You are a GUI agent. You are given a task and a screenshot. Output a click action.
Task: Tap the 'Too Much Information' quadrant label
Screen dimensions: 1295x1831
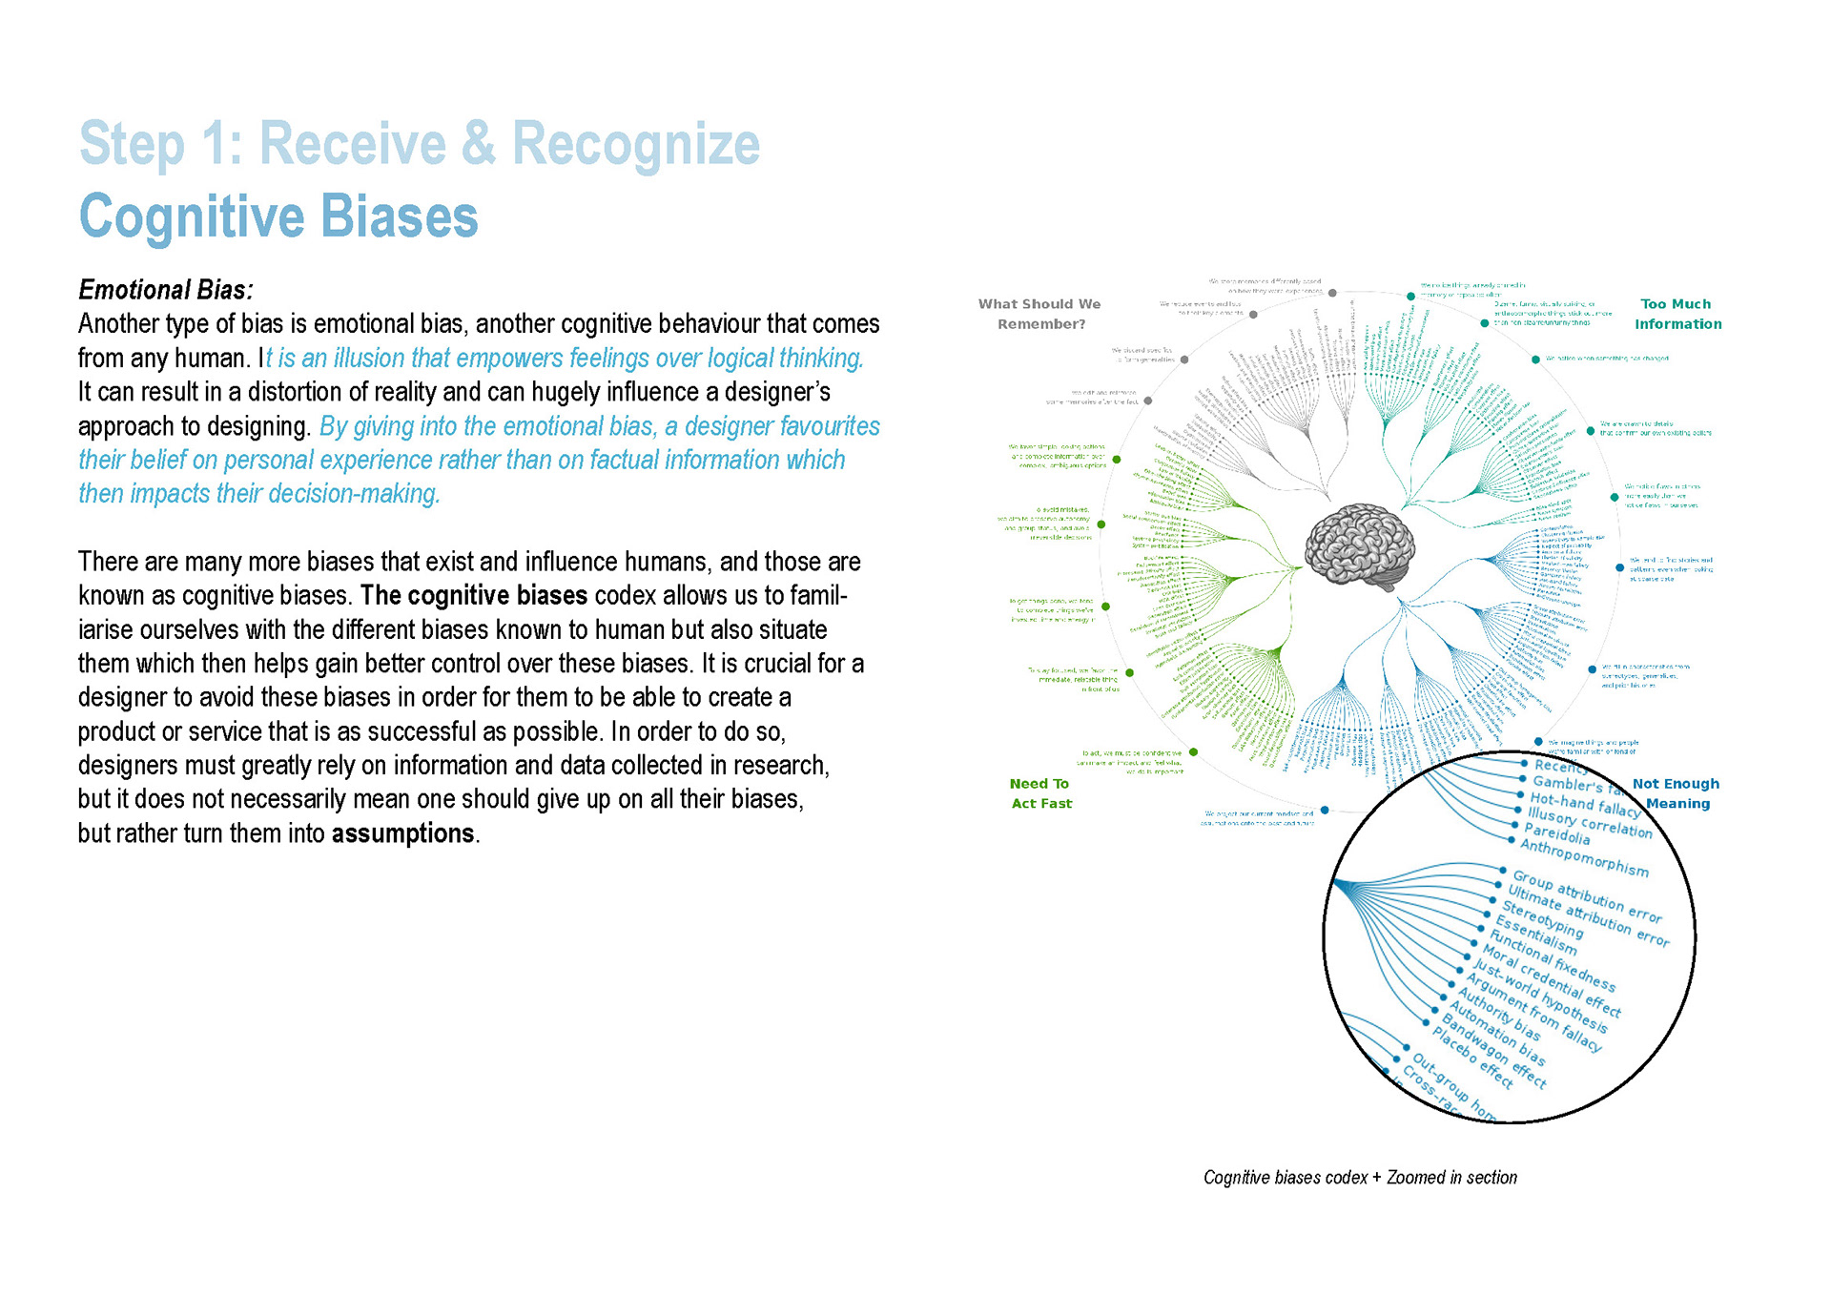[x=1677, y=314]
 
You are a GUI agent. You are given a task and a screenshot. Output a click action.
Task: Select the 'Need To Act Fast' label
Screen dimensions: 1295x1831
[x=1040, y=793]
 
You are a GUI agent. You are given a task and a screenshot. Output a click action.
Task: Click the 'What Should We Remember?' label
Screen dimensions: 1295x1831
[x=1039, y=314]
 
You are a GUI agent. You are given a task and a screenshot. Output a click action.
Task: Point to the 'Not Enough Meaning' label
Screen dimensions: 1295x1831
[x=1677, y=793]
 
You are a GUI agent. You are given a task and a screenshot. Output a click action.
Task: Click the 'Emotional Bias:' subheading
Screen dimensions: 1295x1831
[x=166, y=290]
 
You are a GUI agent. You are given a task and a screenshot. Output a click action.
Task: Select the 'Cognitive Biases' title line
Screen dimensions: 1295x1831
[x=278, y=216]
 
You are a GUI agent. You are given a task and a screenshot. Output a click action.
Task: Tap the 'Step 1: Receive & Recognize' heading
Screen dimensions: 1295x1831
[x=420, y=144]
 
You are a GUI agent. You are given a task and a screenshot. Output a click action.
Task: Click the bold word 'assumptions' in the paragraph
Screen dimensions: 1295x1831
[x=402, y=833]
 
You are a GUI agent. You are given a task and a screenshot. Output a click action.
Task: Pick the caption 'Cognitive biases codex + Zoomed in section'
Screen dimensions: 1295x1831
[x=1360, y=1178]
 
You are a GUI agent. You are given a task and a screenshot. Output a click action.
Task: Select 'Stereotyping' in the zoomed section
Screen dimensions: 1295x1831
[x=1542, y=918]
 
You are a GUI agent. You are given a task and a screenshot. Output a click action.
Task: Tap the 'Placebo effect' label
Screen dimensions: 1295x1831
[x=1472, y=1058]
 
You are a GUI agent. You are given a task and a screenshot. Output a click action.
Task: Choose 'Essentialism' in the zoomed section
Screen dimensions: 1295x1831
[x=1535, y=935]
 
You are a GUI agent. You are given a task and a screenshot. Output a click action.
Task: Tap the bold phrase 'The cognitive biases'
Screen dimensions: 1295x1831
[x=474, y=596]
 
